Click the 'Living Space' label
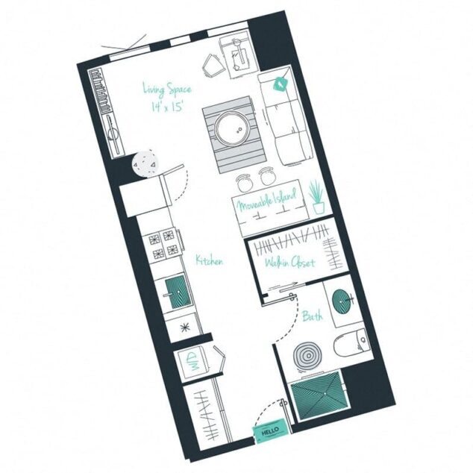[x=167, y=90]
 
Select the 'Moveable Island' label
[x=266, y=200]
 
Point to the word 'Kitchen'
[x=210, y=260]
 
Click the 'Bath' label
[x=313, y=316]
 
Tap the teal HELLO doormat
[x=270, y=431]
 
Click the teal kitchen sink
[x=178, y=292]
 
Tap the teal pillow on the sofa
[x=281, y=85]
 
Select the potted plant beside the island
[x=318, y=197]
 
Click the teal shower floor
[x=319, y=393]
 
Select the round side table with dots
[x=144, y=163]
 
